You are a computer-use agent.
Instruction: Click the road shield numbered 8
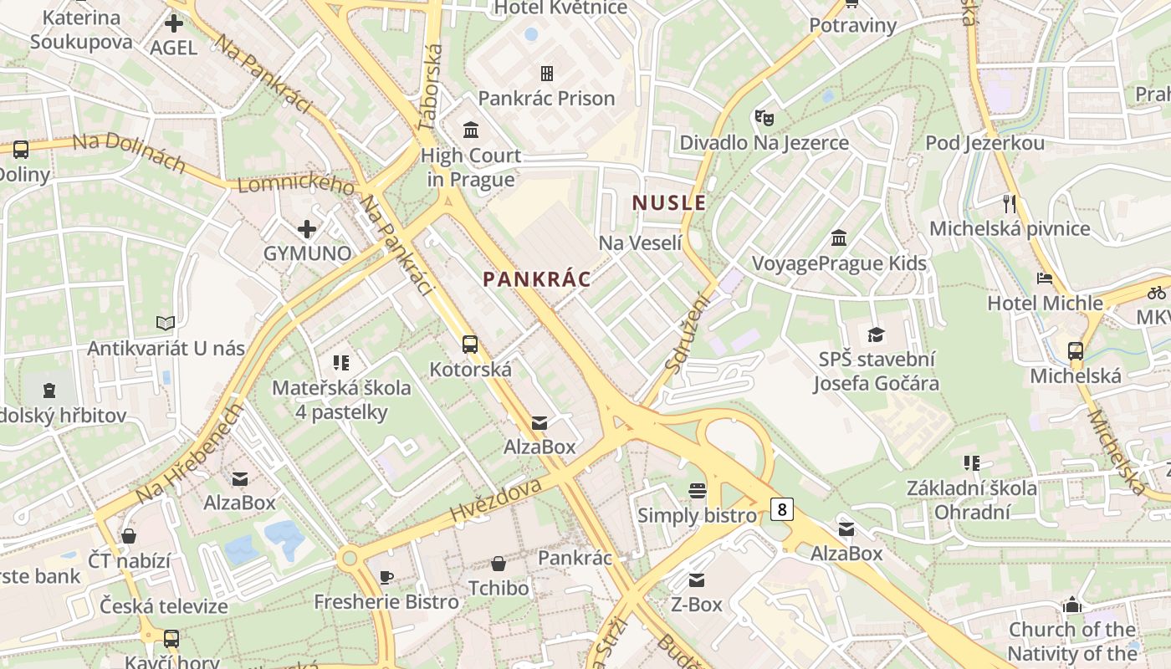[781, 508]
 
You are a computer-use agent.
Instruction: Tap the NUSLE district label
[669, 202]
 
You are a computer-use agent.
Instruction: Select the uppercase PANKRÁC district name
[537, 279]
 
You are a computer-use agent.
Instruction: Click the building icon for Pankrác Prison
[547, 74]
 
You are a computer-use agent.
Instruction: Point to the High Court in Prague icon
[471, 130]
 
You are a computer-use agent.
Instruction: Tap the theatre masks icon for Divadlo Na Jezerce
[763, 118]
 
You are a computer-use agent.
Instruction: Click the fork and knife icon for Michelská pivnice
[1010, 203]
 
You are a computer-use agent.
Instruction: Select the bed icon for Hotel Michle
[1044, 278]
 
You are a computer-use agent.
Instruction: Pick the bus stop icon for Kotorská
[470, 344]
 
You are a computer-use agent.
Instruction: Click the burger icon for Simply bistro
[697, 490]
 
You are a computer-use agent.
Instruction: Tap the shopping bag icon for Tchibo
[499, 564]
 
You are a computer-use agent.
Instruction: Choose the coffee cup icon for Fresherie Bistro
[386, 577]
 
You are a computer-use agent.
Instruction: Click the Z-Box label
[696, 604]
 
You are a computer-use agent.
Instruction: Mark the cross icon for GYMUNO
[307, 228]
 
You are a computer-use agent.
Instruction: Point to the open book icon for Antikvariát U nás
[166, 323]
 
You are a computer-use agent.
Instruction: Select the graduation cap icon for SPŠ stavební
[876, 334]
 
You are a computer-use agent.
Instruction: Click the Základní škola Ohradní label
[972, 500]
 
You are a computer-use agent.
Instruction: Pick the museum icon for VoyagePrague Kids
[839, 238]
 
